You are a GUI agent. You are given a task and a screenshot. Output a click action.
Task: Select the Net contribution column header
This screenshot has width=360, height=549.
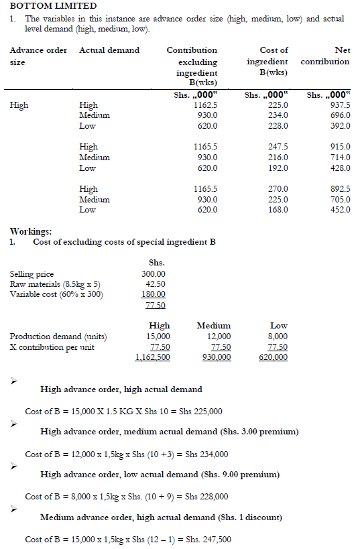coord(325,56)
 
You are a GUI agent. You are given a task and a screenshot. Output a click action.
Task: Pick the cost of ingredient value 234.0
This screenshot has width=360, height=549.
coord(275,116)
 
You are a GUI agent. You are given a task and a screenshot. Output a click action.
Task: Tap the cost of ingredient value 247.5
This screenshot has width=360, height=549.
coord(275,147)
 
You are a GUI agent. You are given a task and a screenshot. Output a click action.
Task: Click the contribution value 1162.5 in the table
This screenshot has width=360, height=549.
coord(205,105)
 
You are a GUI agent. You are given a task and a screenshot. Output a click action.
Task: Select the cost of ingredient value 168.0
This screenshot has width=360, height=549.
coord(275,210)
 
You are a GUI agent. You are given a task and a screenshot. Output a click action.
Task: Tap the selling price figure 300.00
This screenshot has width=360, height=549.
coord(154,274)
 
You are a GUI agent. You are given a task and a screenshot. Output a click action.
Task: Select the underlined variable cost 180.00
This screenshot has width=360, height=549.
coord(154,294)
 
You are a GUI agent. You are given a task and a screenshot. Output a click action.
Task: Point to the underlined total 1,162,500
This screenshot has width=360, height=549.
coord(152,357)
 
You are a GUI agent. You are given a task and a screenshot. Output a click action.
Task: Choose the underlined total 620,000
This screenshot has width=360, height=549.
coord(273,357)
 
